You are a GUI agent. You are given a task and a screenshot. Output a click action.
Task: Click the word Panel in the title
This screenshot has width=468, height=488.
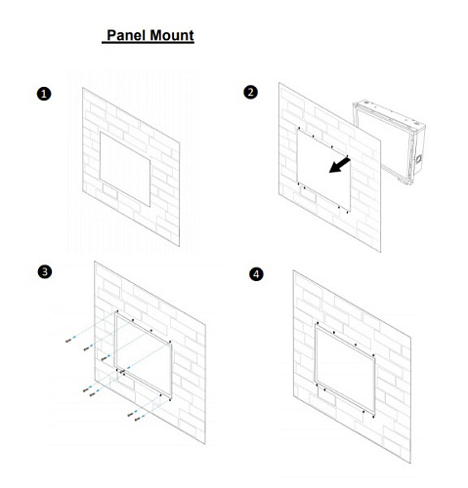point(126,35)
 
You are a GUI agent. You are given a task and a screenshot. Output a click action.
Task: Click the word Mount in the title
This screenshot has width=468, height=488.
point(172,35)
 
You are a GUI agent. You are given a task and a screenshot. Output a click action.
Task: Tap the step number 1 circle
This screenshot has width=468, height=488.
point(44,94)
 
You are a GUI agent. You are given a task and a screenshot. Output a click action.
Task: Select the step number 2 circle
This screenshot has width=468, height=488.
point(250,93)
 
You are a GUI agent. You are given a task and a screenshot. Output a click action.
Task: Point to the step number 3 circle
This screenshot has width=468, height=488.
point(45,271)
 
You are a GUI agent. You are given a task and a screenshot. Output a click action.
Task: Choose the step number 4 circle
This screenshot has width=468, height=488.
point(256,274)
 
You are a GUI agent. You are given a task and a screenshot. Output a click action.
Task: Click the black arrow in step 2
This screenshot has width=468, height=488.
point(339,165)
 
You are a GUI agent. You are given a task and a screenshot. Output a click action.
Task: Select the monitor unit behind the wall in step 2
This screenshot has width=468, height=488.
point(389,143)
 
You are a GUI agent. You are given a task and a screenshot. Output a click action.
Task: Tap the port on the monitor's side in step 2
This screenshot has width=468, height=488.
point(418,159)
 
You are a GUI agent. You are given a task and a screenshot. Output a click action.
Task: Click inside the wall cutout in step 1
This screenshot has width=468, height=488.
point(125,169)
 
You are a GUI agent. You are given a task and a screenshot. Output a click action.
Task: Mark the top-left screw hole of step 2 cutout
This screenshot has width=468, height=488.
point(299,128)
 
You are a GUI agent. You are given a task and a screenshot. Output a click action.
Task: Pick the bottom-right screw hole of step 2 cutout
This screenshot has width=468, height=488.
point(347,212)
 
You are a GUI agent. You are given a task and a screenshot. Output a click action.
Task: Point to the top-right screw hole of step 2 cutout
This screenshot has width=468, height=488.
point(347,156)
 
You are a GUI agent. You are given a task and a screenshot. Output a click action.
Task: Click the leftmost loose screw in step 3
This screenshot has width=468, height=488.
point(68,341)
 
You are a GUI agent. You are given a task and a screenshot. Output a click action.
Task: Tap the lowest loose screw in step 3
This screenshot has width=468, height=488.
point(138,420)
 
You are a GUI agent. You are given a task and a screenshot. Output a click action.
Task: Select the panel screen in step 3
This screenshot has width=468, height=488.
point(144,355)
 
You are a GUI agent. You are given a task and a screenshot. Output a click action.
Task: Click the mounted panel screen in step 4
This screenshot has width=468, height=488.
point(345,370)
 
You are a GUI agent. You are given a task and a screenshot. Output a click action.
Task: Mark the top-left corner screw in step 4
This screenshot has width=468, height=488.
point(318,323)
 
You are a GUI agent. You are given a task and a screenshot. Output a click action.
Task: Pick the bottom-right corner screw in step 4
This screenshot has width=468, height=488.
point(373,417)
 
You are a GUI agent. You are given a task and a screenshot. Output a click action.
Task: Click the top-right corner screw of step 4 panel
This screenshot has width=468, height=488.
point(373,355)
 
